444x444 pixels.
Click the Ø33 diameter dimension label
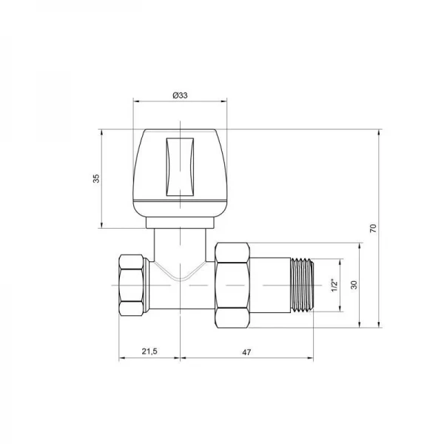pos(179,95)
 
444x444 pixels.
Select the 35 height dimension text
pos(95,179)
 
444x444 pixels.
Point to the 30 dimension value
pos(354,286)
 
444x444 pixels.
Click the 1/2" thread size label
pos(334,286)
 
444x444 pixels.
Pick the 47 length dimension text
pos(246,352)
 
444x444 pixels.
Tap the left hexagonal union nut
pos(132,286)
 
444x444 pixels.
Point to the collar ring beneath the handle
pos(180,221)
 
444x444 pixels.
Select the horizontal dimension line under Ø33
pos(180,103)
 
